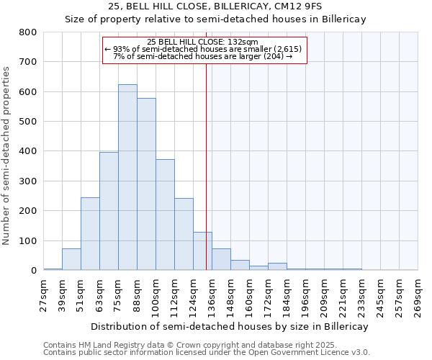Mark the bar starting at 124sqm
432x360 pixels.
[x=202, y=251]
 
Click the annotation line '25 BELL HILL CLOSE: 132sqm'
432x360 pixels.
[x=207, y=42]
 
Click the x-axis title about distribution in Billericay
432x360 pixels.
[x=230, y=326]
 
